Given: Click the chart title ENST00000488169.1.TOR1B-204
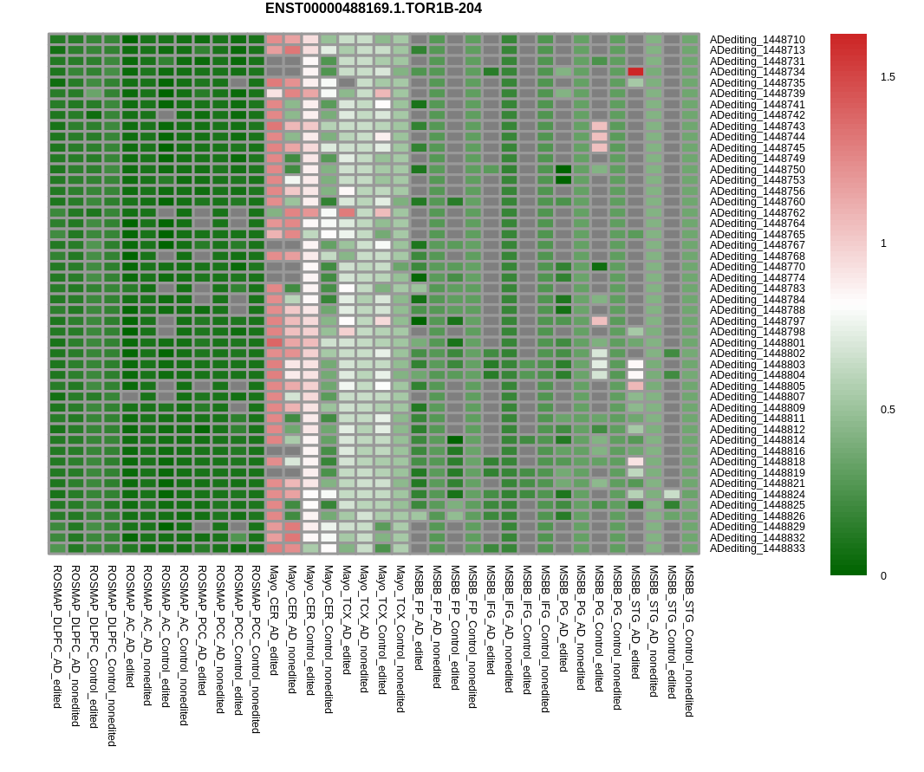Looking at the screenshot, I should click(373, 9).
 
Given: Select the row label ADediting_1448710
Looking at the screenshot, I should click(757, 40).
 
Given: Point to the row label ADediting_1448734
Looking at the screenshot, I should click(757, 72).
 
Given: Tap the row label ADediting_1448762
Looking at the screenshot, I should click(757, 213).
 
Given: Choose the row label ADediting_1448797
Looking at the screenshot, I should click(757, 321).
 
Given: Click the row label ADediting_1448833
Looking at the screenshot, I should click(757, 548).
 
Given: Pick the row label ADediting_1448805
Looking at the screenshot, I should click(757, 386).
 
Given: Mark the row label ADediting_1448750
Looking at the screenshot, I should click(757, 170).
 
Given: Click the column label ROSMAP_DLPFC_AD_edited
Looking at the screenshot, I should click(57, 637).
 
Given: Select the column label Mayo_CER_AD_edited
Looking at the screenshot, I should click(274, 620).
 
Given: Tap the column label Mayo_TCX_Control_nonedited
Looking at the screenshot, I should click(400, 639).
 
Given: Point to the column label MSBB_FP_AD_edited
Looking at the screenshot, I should click(419, 618).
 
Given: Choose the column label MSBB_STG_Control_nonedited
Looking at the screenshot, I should click(689, 641).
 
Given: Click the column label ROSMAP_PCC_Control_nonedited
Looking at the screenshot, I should click(256, 649).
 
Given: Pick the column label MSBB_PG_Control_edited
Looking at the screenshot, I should click(599, 628).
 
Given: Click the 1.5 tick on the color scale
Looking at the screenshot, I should click(888, 77).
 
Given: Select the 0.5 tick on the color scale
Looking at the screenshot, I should click(888, 410).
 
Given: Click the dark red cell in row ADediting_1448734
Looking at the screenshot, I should click(635, 72).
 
